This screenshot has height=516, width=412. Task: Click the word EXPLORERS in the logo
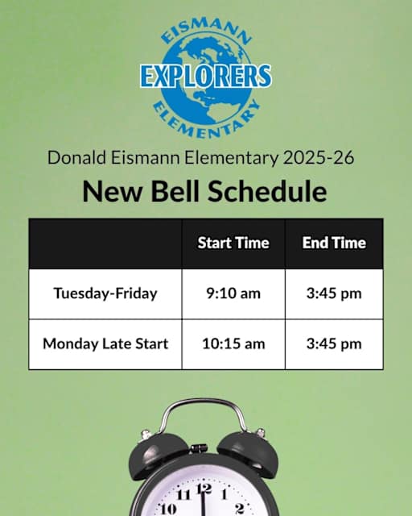[205, 76]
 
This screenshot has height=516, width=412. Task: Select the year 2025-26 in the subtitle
[318, 156]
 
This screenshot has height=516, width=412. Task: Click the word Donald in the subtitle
[73, 156]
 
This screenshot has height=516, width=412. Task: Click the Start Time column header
[233, 243]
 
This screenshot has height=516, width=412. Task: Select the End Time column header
[334, 243]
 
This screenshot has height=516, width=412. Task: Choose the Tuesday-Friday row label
[105, 293]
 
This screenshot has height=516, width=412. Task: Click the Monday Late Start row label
[105, 343]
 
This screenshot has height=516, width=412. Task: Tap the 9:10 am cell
[233, 293]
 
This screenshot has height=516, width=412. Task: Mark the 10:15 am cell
[233, 343]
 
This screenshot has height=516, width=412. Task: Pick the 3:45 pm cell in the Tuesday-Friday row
[334, 293]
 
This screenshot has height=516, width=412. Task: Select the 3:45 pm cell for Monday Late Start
[334, 343]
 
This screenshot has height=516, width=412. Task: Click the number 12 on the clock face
[204, 488]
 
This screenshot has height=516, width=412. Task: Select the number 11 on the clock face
[183, 493]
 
